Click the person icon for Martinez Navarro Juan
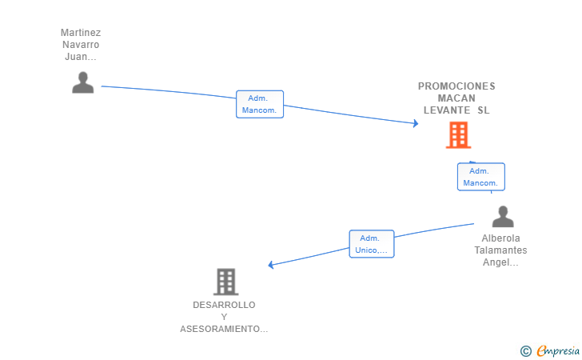(x=83, y=82)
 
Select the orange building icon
(x=458, y=135)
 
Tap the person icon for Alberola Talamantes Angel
(x=503, y=216)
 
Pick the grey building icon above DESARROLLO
(x=225, y=282)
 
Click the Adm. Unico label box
(x=372, y=244)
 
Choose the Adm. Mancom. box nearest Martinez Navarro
(x=260, y=104)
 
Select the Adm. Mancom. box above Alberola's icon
(x=481, y=177)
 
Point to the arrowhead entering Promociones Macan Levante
(x=416, y=123)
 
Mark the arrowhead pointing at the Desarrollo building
(x=270, y=265)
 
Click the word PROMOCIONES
(x=456, y=86)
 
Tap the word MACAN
(x=456, y=98)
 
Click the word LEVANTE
(x=447, y=110)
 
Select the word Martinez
(x=81, y=33)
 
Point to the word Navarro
(x=81, y=45)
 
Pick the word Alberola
(x=500, y=238)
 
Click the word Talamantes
(x=500, y=250)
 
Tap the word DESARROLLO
(x=224, y=305)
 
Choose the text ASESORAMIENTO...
(x=224, y=329)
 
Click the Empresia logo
(x=558, y=351)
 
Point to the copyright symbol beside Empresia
(x=526, y=351)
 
